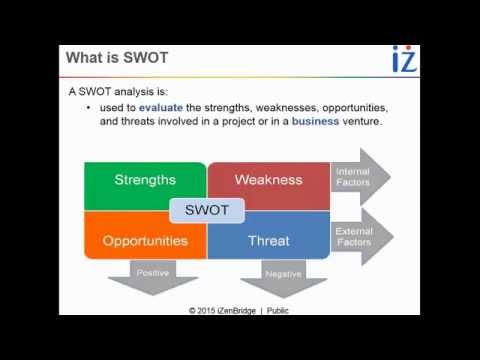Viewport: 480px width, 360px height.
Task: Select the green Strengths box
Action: pos(145,180)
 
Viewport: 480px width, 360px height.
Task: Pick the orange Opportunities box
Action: pos(145,241)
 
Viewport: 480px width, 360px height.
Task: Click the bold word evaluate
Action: pos(163,107)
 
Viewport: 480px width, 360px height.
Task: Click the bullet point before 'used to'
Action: pos(91,107)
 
